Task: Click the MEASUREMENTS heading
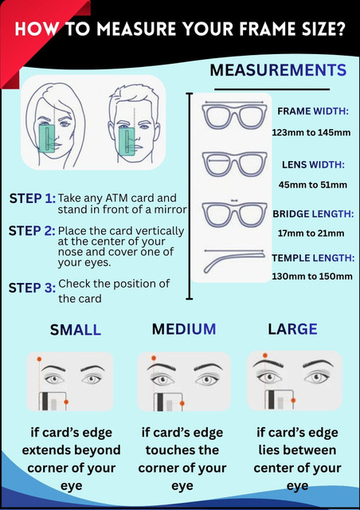(278, 70)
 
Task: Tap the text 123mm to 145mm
(311, 133)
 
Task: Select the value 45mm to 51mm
(312, 185)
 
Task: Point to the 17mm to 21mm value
(311, 233)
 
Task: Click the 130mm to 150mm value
(312, 277)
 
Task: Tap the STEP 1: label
(33, 198)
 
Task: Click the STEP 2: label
(32, 231)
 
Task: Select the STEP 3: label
(32, 288)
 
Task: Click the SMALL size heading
(76, 330)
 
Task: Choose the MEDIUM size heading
(184, 329)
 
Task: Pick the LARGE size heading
(292, 329)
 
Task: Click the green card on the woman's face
(48, 138)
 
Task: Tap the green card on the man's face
(127, 141)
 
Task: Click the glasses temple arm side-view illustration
(233, 261)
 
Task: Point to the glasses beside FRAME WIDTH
(234, 115)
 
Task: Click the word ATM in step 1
(118, 198)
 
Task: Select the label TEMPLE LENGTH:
(313, 258)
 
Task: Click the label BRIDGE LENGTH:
(313, 214)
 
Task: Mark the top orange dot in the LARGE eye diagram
(265, 355)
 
